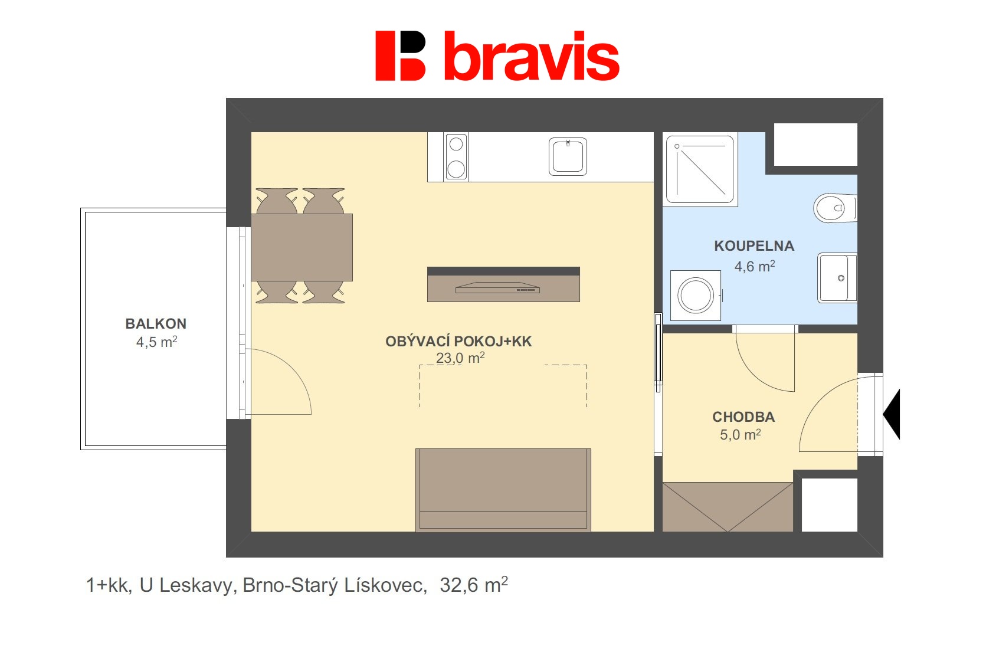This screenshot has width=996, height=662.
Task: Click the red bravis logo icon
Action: coord(400,55)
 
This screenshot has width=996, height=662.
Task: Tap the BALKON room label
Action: coord(156,323)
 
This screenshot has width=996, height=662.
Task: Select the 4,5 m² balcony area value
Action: coord(156,342)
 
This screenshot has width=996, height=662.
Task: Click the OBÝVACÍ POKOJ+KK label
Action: coord(458,341)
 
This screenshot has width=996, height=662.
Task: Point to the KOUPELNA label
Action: coord(754,246)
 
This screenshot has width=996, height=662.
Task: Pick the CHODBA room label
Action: coord(743,417)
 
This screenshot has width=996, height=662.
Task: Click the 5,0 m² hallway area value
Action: coord(740,435)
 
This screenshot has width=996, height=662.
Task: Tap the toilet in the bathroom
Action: coord(833,208)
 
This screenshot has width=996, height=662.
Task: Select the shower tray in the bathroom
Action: coord(700,169)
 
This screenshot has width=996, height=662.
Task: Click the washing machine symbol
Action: coord(696,295)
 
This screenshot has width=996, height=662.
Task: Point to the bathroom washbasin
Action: coord(837,277)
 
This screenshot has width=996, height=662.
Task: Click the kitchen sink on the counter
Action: coord(568,156)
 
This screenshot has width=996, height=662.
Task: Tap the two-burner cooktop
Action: coord(456,156)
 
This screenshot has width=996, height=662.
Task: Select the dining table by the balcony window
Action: coord(302,247)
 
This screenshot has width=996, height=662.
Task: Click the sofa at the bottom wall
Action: coord(503,490)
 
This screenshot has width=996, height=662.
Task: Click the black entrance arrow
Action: coord(892,414)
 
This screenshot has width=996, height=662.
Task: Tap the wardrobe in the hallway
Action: coord(728,507)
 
